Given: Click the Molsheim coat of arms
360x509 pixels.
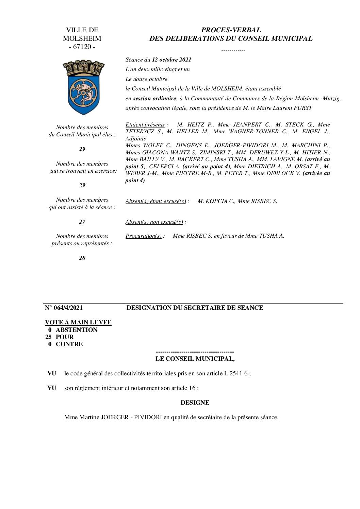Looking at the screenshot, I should pyautogui.click(x=83, y=87).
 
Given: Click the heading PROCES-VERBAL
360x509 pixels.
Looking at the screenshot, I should pyautogui.click(x=231, y=30).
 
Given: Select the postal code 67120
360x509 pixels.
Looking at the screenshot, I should pyautogui.click(x=82, y=47).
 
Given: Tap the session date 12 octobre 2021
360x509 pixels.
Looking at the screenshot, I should pyautogui.click(x=171, y=60).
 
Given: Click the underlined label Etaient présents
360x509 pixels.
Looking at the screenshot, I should pyautogui.click(x=145, y=125).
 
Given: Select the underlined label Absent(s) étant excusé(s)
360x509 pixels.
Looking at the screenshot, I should pyautogui.click(x=156, y=201).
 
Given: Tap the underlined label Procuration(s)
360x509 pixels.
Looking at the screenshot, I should pyautogui.click(x=144, y=236).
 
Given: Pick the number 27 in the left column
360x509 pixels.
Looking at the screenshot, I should pyautogui.click(x=82, y=222).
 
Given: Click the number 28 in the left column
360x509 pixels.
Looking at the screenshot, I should pyautogui.click(x=82, y=258).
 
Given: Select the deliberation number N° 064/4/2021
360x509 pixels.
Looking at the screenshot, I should pyautogui.click(x=64, y=308).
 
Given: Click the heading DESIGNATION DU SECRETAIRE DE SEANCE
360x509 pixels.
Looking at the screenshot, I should pyautogui.click(x=195, y=308).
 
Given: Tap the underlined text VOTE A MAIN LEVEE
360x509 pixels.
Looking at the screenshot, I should pyautogui.click(x=78, y=322).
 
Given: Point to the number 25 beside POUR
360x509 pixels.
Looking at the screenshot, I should pyautogui.click(x=49, y=337).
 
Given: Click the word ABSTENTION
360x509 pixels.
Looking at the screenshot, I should pyautogui.click(x=77, y=330).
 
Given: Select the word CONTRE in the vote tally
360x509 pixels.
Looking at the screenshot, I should pyautogui.click(x=69, y=344).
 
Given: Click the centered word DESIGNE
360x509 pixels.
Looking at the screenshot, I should pyautogui.click(x=195, y=403).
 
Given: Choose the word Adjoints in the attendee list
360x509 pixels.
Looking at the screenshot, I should pyautogui.click(x=135, y=139).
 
